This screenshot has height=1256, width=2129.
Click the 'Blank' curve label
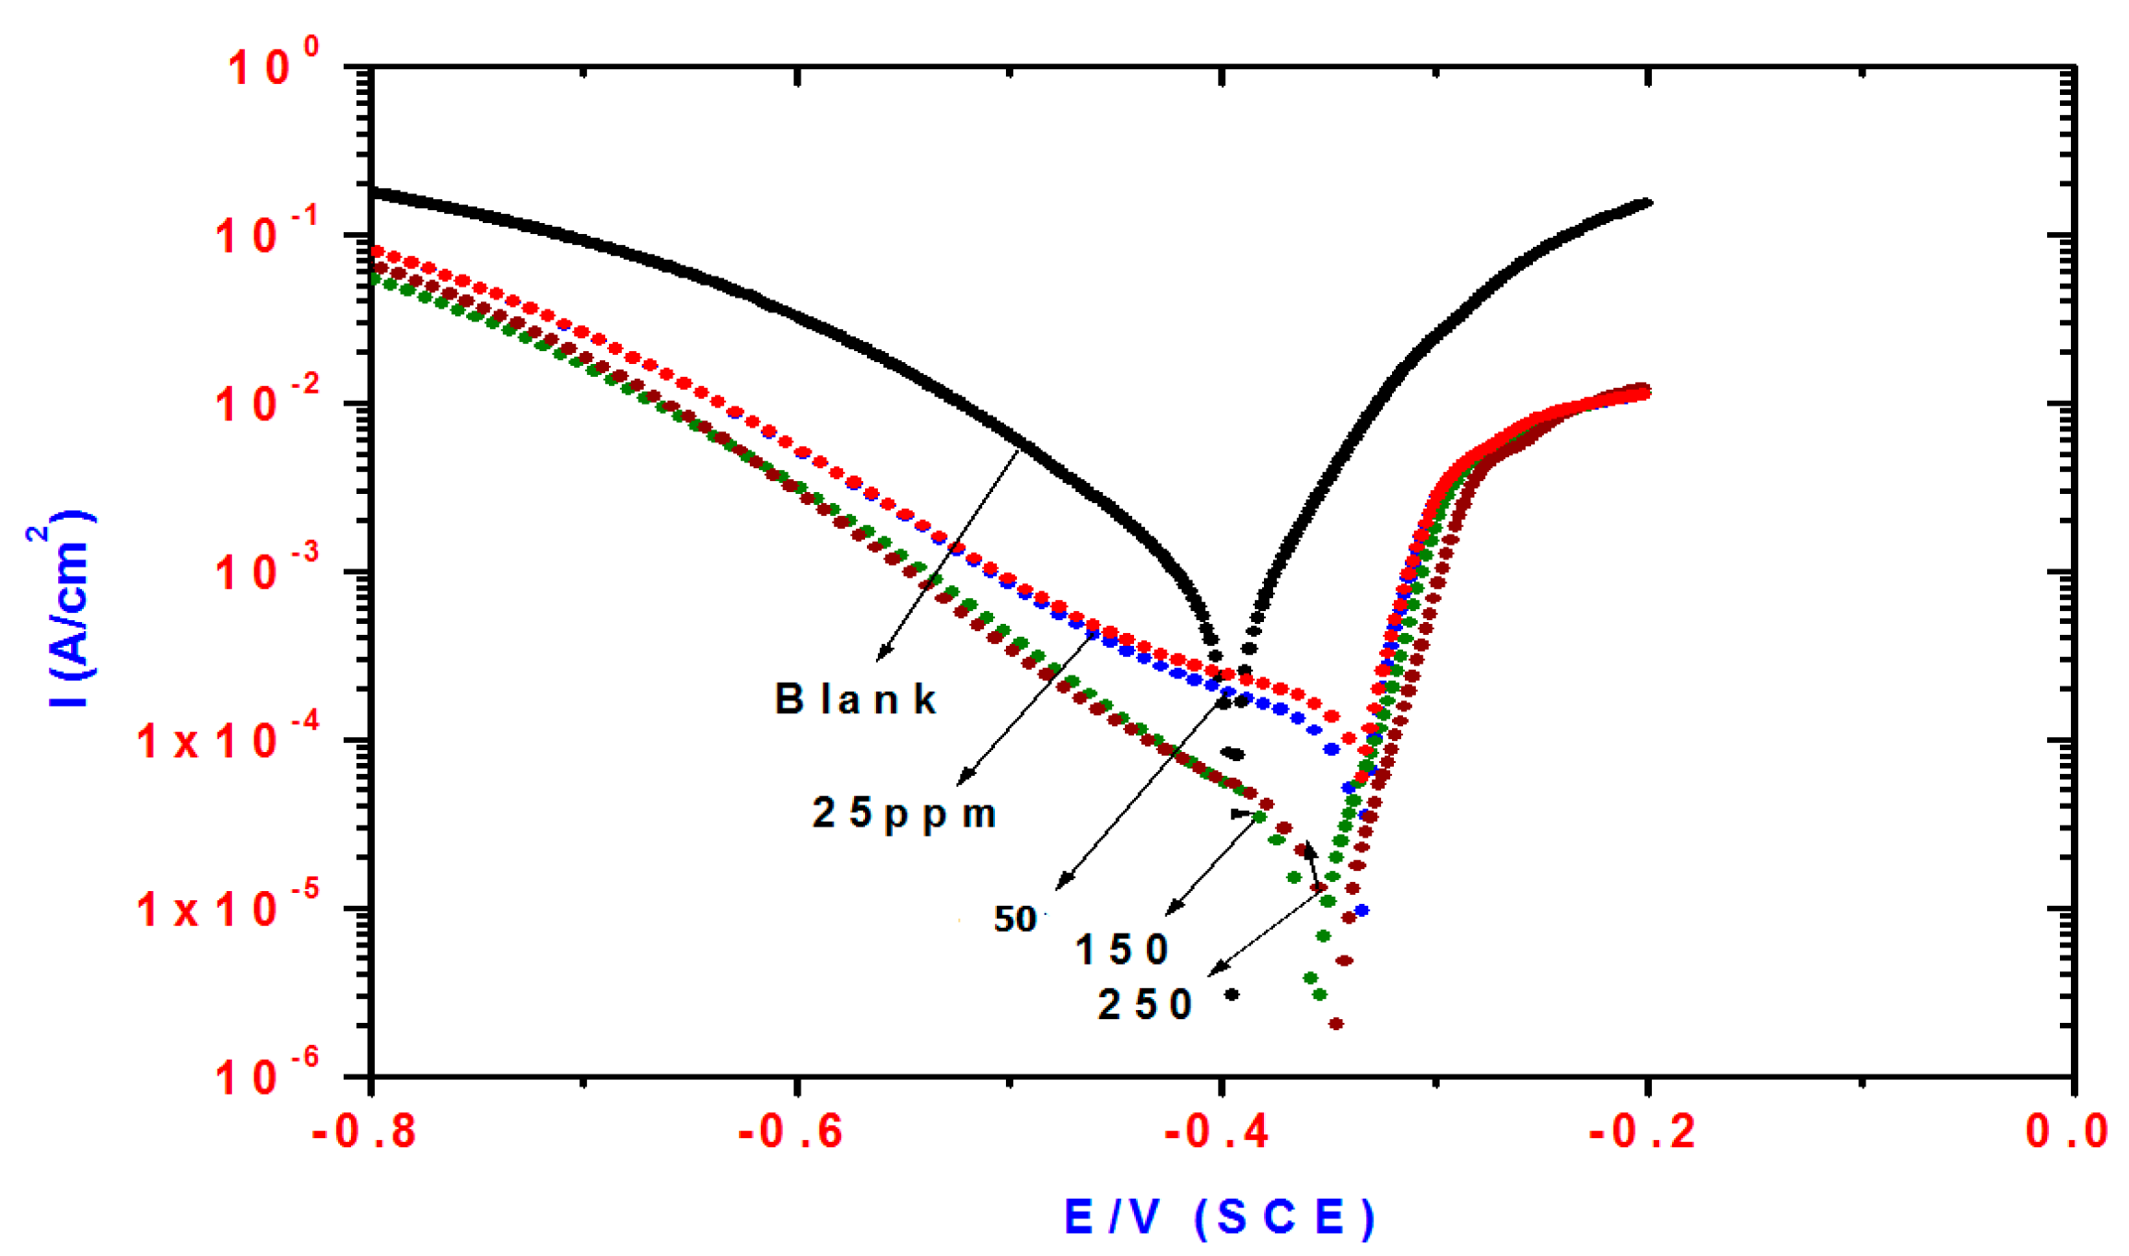[855, 700]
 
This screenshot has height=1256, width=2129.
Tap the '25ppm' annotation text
[904, 814]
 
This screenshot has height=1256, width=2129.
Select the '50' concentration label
[1014, 919]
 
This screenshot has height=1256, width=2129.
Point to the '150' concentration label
[1122, 950]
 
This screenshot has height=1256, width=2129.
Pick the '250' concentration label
[1145, 1004]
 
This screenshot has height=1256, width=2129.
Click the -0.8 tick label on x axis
[365, 1132]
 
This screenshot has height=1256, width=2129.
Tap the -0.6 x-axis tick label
[791, 1132]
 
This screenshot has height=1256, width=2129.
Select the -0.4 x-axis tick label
[1217, 1132]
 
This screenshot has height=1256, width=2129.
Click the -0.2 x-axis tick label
[1643, 1132]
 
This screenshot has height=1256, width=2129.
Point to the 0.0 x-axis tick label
[2066, 1132]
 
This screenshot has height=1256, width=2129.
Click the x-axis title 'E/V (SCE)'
[1219, 1217]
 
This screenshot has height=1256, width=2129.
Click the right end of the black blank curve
[1646, 203]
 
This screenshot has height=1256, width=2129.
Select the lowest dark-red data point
[1336, 1024]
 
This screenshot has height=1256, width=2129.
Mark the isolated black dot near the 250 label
[1232, 994]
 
